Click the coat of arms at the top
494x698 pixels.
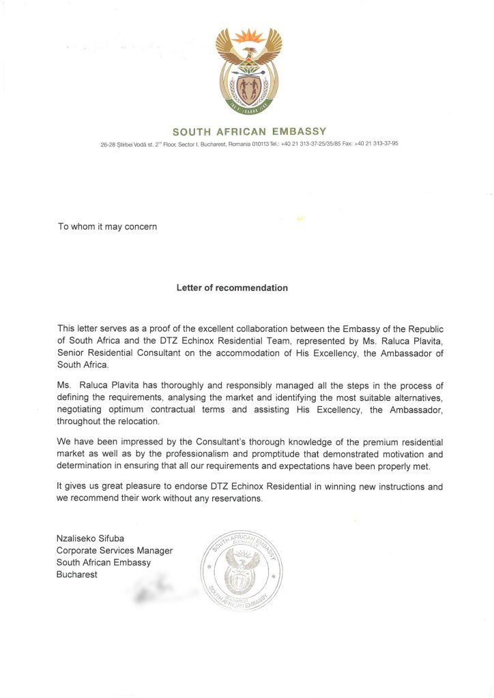[249, 70]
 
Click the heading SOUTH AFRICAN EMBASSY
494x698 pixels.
[249, 132]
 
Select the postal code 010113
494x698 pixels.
[261, 144]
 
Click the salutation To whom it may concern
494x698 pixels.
[108, 226]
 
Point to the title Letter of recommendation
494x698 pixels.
[232, 288]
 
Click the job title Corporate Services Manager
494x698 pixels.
[115, 551]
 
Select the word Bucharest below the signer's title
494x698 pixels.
[77, 575]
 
